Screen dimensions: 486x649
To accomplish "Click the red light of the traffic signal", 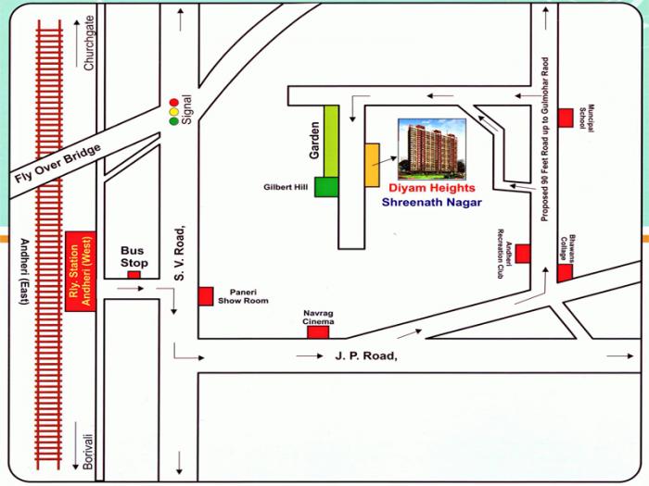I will [x=172, y=103].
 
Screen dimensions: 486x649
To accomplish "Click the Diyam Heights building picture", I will [x=432, y=148].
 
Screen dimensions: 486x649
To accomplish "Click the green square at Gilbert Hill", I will [x=326, y=186].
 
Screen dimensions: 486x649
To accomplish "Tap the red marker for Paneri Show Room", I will [x=206, y=296].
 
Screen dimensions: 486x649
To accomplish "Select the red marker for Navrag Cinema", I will [x=318, y=331].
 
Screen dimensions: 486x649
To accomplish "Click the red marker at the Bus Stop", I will [x=134, y=274].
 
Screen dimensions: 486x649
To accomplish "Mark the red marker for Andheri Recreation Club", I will [x=523, y=253].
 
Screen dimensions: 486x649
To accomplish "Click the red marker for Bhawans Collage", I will [x=565, y=273].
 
